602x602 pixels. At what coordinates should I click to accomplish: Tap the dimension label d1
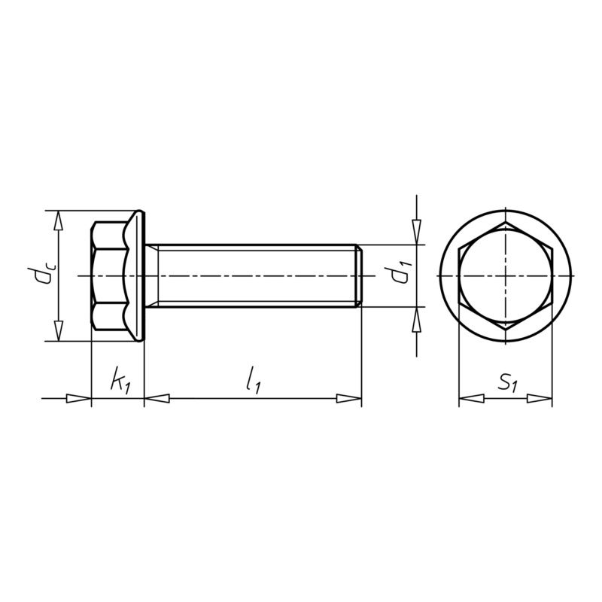(x=399, y=275)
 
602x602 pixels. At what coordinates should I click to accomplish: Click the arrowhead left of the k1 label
(x=78, y=398)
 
